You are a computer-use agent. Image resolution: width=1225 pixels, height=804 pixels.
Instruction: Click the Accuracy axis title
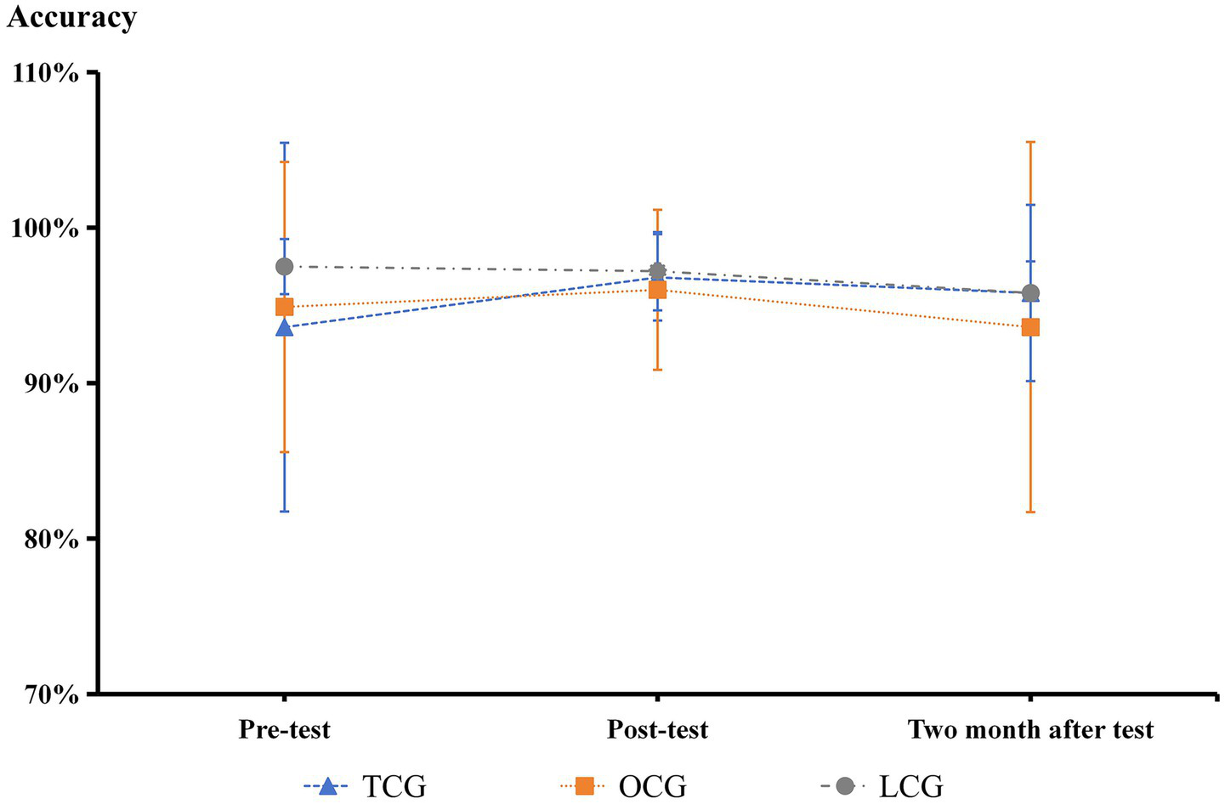(x=71, y=17)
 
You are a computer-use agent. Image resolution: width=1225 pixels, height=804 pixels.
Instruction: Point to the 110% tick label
(x=46, y=73)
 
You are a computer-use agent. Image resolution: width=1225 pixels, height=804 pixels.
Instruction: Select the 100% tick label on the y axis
(x=46, y=229)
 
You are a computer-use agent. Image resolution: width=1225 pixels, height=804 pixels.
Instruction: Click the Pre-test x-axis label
(x=284, y=729)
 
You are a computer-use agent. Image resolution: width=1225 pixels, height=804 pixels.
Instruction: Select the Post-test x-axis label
(x=657, y=729)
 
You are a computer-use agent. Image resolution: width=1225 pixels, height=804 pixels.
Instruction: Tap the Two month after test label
(x=1030, y=729)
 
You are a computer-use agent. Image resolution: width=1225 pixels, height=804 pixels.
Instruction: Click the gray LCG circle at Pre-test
(x=284, y=267)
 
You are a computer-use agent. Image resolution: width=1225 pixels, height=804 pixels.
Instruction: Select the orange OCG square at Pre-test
(x=284, y=307)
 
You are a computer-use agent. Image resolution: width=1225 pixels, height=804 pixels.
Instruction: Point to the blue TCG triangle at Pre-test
(x=284, y=327)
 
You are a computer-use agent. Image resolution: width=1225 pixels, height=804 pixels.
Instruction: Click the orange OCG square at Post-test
(x=657, y=290)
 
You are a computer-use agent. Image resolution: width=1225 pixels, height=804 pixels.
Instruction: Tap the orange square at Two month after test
(x=1030, y=327)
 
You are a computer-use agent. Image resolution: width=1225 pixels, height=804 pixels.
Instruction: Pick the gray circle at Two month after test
(x=1030, y=293)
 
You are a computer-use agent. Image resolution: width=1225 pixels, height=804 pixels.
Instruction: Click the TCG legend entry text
(x=394, y=786)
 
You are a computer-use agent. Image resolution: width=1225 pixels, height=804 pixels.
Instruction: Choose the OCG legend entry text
(x=652, y=786)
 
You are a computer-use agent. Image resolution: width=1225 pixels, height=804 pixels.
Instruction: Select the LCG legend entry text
(x=910, y=786)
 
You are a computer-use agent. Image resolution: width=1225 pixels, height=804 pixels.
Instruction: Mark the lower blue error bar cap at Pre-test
(x=284, y=512)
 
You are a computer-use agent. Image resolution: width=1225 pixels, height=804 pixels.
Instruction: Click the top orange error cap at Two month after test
(x=1030, y=142)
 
